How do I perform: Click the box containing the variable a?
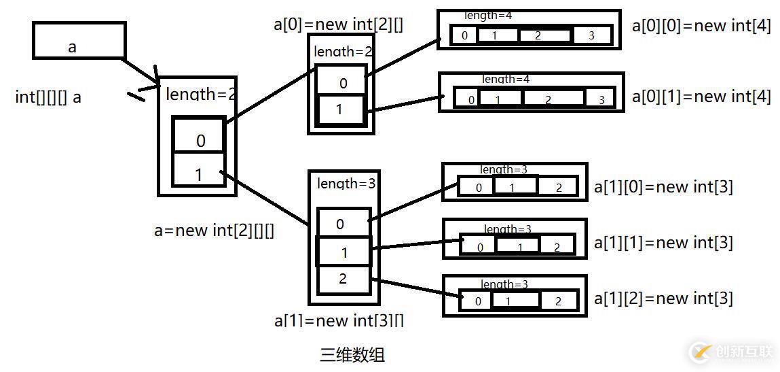point(79,41)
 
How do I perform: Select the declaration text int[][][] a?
point(48,97)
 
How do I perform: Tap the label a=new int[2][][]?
point(215,231)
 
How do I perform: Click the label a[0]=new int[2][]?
point(338,24)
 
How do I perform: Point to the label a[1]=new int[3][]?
point(339,320)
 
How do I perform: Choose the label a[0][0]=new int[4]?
point(701,27)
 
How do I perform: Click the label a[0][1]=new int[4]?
point(701,97)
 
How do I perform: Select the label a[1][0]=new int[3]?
point(663,186)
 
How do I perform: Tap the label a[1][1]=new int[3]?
point(663,242)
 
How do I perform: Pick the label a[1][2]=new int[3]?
point(663,298)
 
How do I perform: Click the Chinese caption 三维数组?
point(352,354)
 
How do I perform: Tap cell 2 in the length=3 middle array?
point(343,279)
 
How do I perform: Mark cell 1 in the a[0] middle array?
point(340,109)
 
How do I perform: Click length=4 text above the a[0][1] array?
point(505,80)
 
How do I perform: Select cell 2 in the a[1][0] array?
point(558,188)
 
